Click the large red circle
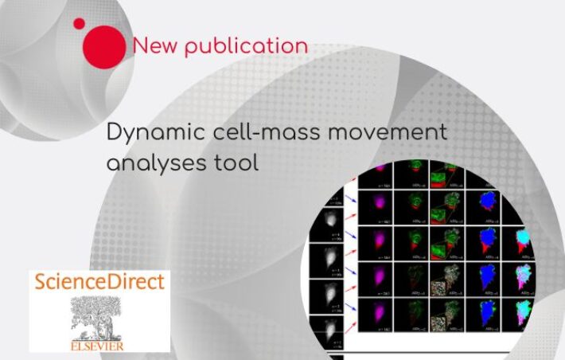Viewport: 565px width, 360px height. tap(104, 45)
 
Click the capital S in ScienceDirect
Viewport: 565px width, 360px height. tap(38, 282)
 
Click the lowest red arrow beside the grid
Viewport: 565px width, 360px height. tap(347, 305)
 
